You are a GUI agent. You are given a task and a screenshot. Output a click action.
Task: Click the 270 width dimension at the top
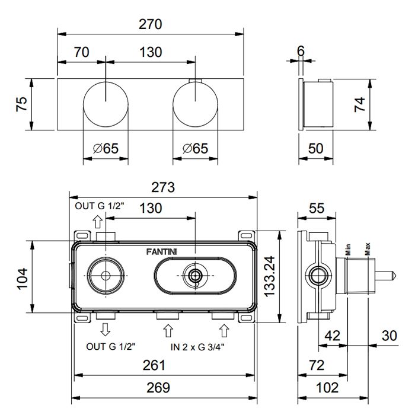tap(151, 24)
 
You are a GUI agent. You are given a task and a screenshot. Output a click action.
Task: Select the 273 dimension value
tap(163, 187)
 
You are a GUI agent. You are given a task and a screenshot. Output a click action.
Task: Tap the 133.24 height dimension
tap(270, 277)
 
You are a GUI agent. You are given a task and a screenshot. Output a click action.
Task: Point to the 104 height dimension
tap(23, 277)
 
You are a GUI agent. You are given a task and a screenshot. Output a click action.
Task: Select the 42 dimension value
tap(333, 336)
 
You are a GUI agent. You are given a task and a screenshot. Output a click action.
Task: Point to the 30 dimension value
tap(389, 336)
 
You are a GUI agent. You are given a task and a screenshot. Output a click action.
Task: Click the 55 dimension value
tap(317, 208)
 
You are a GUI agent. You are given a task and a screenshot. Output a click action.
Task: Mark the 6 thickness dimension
tap(301, 52)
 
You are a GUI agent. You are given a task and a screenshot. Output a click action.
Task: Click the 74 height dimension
tap(360, 104)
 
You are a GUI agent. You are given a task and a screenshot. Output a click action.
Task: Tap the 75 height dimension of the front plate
tap(21, 104)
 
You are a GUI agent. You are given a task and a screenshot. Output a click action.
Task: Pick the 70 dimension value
tap(81, 52)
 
